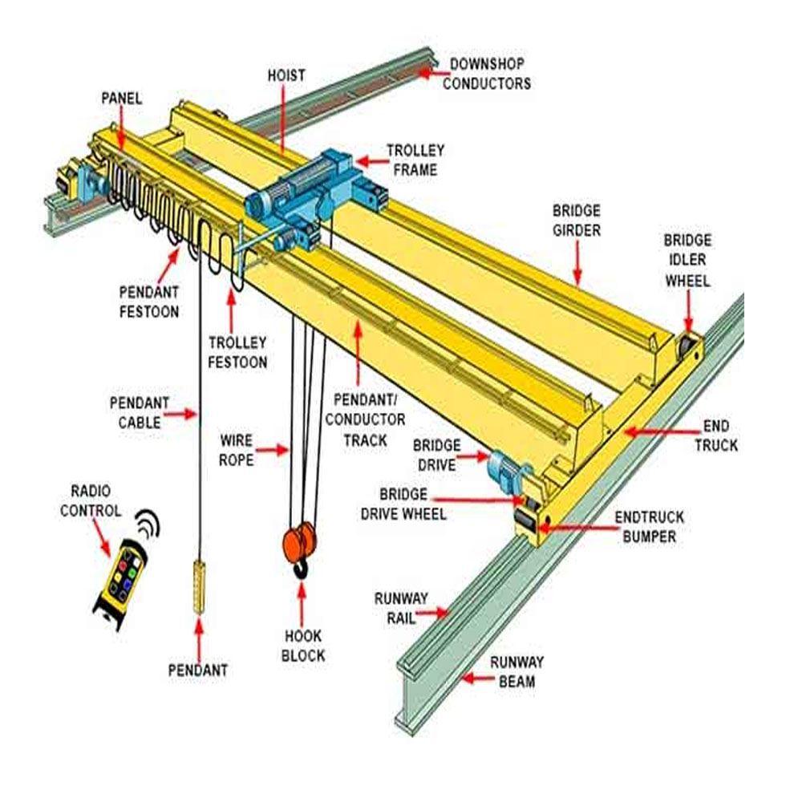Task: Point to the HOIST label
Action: click(x=286, y=75)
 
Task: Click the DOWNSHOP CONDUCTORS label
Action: click(x=489, y=73)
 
